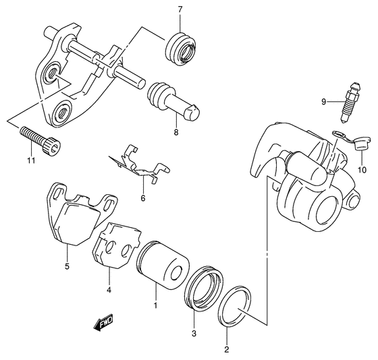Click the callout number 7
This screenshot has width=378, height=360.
180,9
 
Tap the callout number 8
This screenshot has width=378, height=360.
175,133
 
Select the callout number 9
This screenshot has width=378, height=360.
324,101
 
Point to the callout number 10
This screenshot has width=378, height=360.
361,169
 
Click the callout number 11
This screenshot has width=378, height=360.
30,160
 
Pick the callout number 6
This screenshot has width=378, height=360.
142,198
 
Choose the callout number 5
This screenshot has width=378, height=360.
66,266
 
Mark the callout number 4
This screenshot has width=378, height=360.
109,291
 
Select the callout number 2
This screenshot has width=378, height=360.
226,349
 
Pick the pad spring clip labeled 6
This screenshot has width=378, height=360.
138,167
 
